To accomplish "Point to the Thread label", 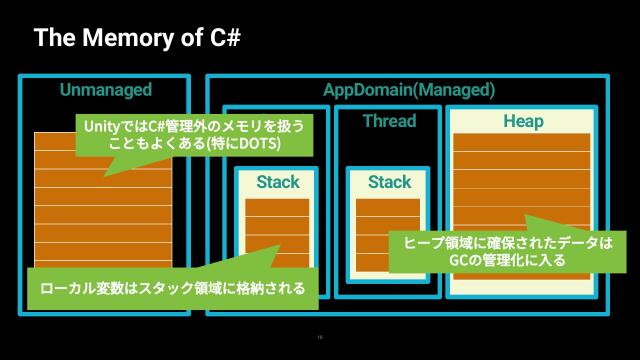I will tap(389, 122).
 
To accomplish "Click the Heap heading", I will tap(523, 122).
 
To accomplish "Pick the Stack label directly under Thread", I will tap(389, 182).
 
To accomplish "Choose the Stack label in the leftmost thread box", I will tap(277, 182).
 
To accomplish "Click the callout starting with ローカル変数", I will tap(166, 288).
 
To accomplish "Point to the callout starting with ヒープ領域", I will tap(508, 251).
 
